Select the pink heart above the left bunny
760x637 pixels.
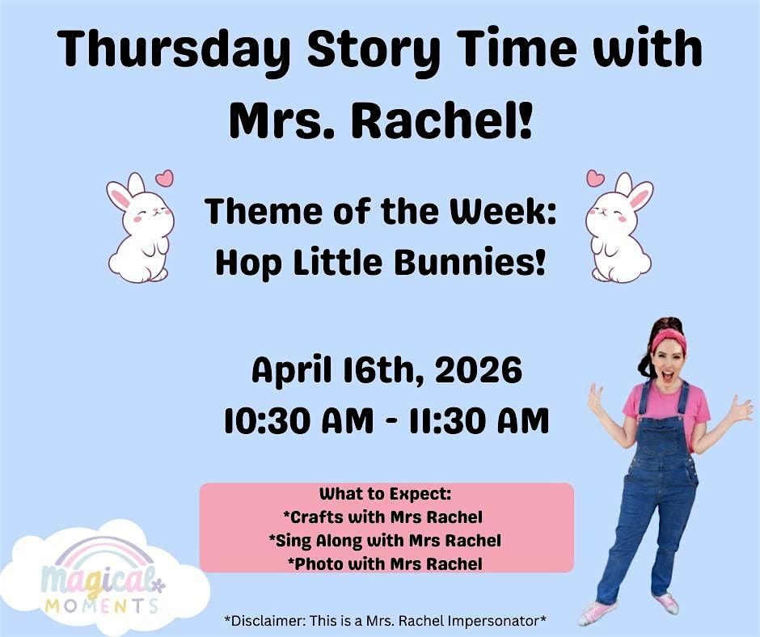164,177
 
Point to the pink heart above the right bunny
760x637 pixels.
595,177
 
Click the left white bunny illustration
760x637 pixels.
139,228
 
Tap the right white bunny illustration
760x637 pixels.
620,228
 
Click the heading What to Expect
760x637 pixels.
386,494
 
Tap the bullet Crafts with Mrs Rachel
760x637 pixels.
383,517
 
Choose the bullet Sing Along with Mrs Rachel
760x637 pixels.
385,540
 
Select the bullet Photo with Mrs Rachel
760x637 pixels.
385,563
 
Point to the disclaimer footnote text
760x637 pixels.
386,621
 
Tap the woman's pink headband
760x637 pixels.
668,339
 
